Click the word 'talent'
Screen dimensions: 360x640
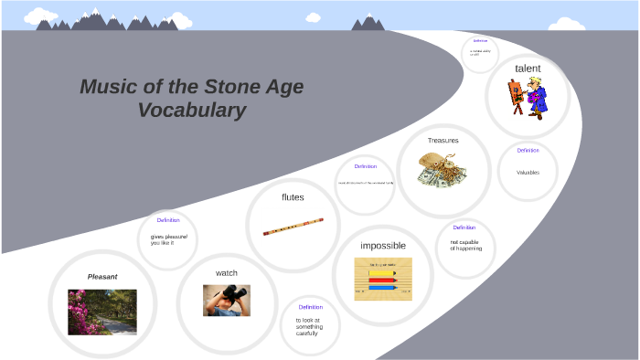(x=528, y=69)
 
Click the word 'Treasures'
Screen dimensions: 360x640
(x=443, y=141)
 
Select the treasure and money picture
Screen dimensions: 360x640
(x=443, y=170)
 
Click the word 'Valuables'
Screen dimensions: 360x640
(x=528, y=173)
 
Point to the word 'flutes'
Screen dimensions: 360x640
(x=293, y=196)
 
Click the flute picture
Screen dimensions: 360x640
(x=293, y=227)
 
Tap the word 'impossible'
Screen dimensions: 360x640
(x=383, y=246)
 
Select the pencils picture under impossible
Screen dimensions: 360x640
(x=383, y=279)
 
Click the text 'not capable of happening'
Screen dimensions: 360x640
(x=465, y=245)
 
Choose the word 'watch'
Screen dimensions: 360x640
(x=227, y=273)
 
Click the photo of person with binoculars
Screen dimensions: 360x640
(x=226, y=300)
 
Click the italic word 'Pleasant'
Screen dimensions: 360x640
(x=102, y=276)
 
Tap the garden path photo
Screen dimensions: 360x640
(x=102, y=312)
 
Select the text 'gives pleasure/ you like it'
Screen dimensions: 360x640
(x=163, y=239)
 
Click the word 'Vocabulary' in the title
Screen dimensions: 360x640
(x=192, y=111)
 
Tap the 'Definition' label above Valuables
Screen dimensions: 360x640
(x=528, y=151)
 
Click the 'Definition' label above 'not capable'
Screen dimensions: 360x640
(x=464, y=228)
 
